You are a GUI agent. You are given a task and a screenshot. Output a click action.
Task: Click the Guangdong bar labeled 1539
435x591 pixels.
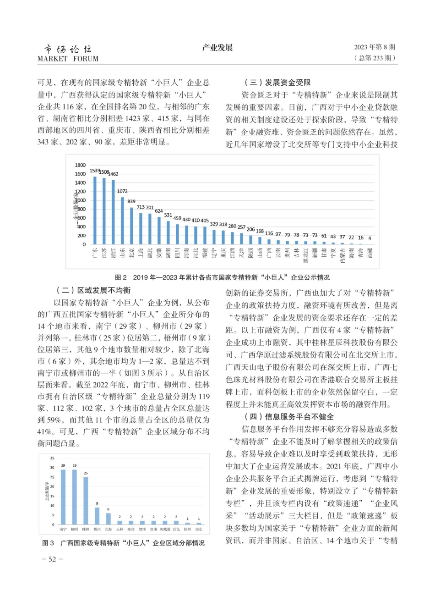[x=95, y=210]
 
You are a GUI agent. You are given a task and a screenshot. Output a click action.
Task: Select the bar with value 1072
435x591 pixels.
[x=122, y=221]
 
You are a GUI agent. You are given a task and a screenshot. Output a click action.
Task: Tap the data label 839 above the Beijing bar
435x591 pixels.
[x=131, y=201]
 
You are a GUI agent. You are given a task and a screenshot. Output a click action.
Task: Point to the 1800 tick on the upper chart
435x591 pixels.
[x=80, y=165]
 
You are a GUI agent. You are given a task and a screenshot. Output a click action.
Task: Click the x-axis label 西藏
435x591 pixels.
[x=369, y=253]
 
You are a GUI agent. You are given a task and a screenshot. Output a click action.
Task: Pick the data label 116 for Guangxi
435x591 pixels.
[x=269, y=233]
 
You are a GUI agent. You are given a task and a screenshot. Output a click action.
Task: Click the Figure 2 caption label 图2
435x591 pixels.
[x=120, y=277]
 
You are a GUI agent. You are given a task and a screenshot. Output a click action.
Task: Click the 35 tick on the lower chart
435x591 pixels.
[x=52, y=458]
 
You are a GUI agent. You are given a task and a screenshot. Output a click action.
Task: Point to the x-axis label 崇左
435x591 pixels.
[x=198, y=529]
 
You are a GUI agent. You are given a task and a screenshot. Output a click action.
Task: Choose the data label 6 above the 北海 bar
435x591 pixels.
[x=108, y=509]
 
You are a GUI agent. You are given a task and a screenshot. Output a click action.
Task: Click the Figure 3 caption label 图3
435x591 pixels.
[x=48, y=543]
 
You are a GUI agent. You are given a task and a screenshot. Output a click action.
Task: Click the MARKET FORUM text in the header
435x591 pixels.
[x=68, y=59]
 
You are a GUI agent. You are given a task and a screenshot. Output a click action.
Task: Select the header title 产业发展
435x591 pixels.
[x=217, y=48]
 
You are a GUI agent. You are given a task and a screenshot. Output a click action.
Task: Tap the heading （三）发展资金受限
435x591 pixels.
[x=278, y=83]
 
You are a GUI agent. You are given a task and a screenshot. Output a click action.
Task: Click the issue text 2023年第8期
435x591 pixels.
[x=374, y=47]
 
